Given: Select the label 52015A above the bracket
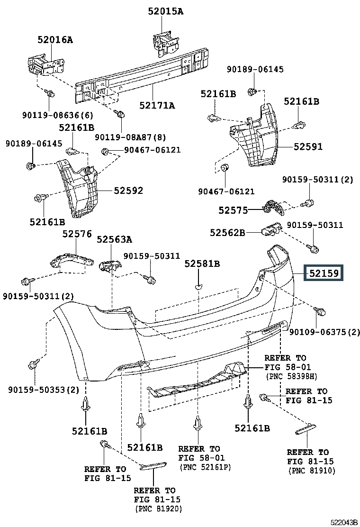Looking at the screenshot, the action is click(x=166, y=11).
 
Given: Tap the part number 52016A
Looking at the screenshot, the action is click(x=55, y=40).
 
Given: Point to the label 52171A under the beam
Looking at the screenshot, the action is click(x=157, y=106).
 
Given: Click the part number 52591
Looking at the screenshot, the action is click(x=308, y=146).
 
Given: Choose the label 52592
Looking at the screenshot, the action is click(x=128, y=191).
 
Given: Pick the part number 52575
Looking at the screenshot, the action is click(x=233, y=210).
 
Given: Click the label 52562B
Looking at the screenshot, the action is click(x=227, y=233).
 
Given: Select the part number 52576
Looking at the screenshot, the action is click(x=77, y=234).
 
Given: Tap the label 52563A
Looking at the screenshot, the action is click(x=115, y=239).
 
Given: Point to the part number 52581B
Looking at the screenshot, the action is click(x=202, y=264).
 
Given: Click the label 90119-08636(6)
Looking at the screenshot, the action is click(x=58, y=115).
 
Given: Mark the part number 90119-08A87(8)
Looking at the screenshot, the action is click(x=130, y=137).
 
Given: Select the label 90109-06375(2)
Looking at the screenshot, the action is click(x=324, y=332).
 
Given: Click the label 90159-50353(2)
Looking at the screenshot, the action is click(x=44, y=390).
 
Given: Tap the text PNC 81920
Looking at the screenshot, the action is click(x=159, y=509).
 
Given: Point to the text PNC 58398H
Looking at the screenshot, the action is click(x=291, y=376).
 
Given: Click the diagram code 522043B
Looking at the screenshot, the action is click(x=344, y=522).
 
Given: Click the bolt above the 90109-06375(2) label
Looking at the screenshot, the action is click(x=320, y=311).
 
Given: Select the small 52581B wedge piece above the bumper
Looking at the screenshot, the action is click(x=198, y=287).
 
